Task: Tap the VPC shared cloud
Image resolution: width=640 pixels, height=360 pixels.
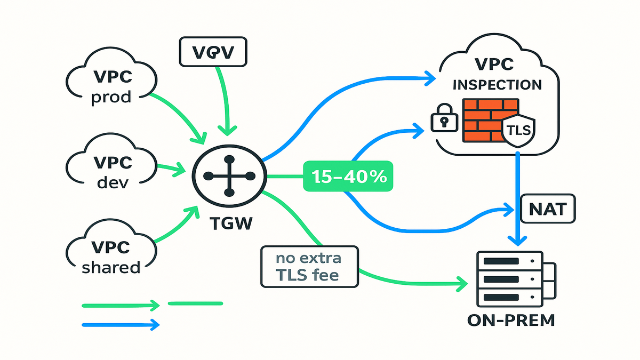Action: (111, 256)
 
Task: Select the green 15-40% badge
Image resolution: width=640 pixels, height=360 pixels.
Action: (347, 177)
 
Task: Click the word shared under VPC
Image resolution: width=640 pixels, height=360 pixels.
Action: (111, 267)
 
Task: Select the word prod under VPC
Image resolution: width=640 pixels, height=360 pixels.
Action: (111, 99)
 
